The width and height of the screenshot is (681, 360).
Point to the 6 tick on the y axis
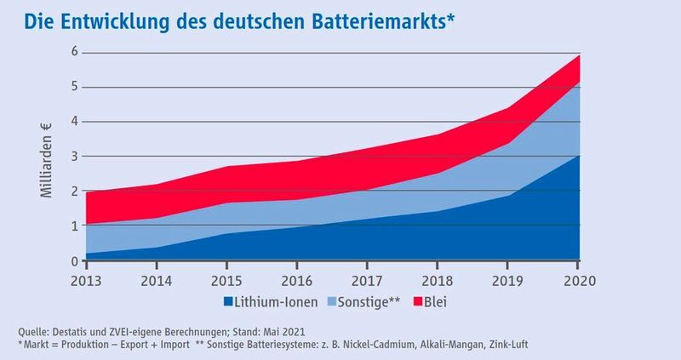click(x=74, y=52)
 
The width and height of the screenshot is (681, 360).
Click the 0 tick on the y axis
click(x=74, y=260)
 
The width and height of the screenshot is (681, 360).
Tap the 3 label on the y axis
click(x=74, y=157)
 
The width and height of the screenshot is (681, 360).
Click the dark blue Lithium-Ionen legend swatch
click(x=228, y=300)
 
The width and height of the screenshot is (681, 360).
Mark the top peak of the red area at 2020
click(x=580, y=55)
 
